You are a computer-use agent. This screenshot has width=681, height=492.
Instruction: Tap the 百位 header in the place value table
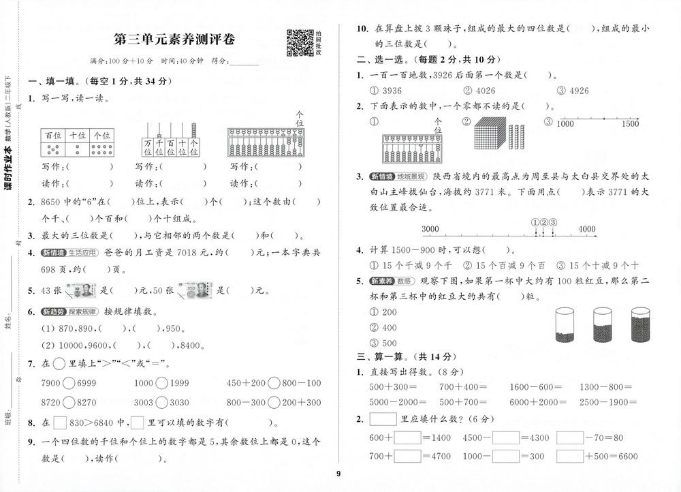(x=52, y=135)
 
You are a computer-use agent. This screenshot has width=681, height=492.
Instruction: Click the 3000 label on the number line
(x=430, y=229)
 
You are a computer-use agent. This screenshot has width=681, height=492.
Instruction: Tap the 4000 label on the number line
(x=586, y=229)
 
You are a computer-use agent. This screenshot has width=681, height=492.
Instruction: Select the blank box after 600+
(x=407, y=437)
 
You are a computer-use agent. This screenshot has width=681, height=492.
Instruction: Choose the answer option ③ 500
(x=383, y=343)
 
